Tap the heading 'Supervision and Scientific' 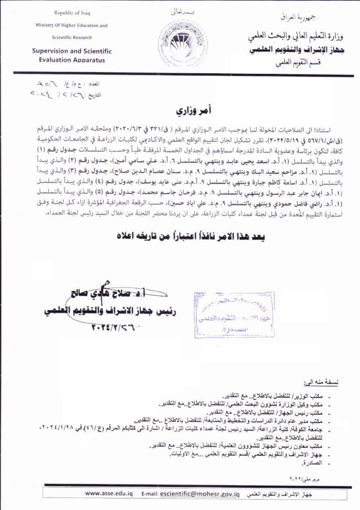[x=72, y=51]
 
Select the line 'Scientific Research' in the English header [x=72, y=37]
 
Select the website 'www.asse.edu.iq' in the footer [x=109, y=493]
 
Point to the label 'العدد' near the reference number [x=94, y=84]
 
